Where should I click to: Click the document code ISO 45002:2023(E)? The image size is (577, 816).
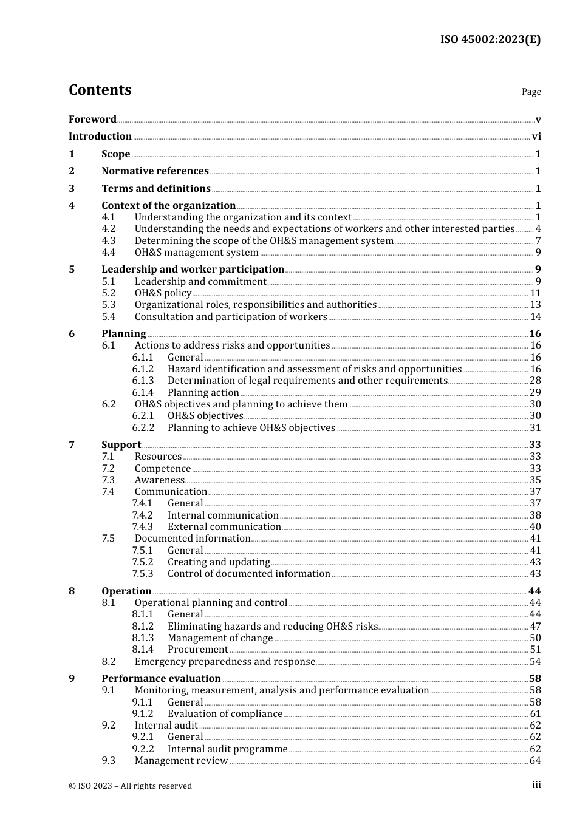click(x=490, y=39)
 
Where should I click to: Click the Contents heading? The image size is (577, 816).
click(x=100, y=90)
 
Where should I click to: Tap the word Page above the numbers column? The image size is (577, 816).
click(x=531, y=92)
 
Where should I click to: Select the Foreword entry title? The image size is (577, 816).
click(x=92, y=119)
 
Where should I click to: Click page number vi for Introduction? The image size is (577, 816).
click(x=536, y=137)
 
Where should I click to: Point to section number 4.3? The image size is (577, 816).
click(x=109, y=240)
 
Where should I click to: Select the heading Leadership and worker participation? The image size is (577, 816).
click(x=193, y=269)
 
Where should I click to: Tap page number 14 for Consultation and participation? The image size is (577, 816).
click(x=535, y=316)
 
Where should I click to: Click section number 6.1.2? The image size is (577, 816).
click(x=143, y=369)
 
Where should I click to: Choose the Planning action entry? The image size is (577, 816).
click(x=203, y=392)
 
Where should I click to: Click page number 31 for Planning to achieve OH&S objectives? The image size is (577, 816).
click(x=535, y=427)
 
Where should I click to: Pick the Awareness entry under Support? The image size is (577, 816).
click(x=159, y=480)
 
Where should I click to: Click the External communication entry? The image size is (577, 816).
click(x=224, y=526)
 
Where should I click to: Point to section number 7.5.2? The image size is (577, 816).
click(x=143, y=562)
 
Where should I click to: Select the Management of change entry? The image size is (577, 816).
click(x=220, y=637)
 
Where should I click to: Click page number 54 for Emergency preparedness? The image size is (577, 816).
click(x=535, y=661)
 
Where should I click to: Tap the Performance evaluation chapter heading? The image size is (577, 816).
click(x=161, y=678)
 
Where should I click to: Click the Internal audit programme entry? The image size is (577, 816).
click(x=227, y=749)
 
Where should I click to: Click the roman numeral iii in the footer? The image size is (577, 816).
click(x=536, y=785)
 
